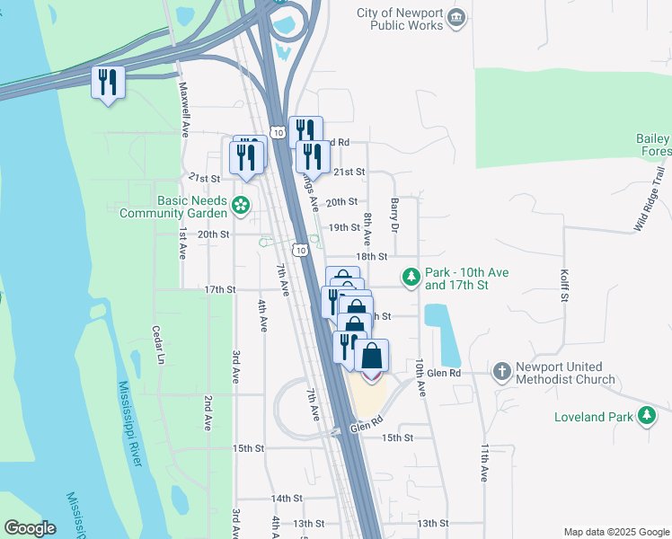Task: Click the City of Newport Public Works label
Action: click(x=400, y=19)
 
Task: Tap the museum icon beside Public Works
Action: click(x=456, y=17)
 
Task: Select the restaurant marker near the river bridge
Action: click(x=108, y=84)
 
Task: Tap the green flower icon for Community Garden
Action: click(x=241, y=207)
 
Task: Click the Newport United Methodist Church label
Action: click(x=566, y=373)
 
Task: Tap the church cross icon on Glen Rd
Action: click(x=502, y=370)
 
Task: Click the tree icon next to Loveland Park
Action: click(x=646, y=415)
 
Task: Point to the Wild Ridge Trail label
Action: click(x=650, y=199)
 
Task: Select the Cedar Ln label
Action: click(x=158, y=345)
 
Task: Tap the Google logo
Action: click(x=31, y=528)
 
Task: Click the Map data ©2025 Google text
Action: click(x=615, y=532)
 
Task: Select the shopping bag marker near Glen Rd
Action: click(x=372, y=355)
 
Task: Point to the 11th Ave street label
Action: click(x=484, y=462)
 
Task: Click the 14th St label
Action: click(x=287, y=498)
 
